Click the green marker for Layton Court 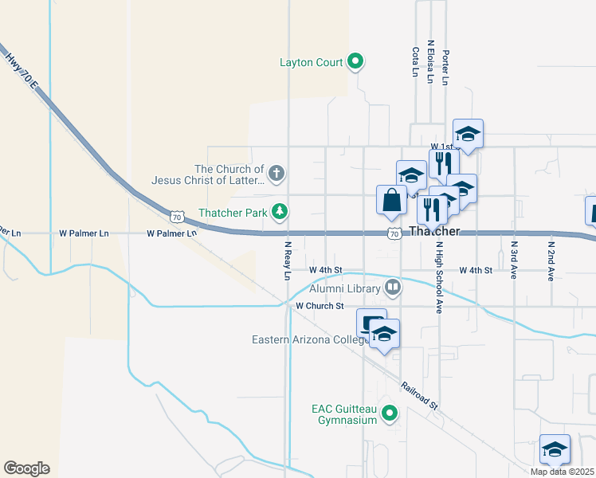356,61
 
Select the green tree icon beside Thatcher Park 279,211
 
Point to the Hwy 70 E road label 21,70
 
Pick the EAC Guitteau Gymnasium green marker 390,413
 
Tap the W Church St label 319,305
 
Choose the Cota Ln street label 415,61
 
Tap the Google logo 26,468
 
